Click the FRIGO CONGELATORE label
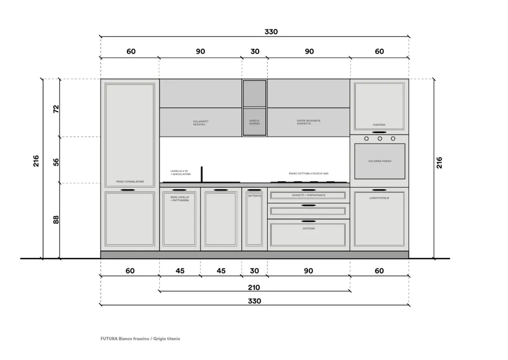click(130, 182)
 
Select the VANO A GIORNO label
click(254, 122)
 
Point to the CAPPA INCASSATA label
click(308, 122)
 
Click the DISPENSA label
click(379, 125)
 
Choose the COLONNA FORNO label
click(379, 161)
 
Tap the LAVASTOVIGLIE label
click(379, 198)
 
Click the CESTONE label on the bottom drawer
click(308, 228)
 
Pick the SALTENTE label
click(255, 195)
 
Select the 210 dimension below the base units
click(254, 287)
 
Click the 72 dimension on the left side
click(56, 108)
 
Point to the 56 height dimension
click(56, 161)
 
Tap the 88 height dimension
click(56, 220)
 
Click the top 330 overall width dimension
click(271, 31)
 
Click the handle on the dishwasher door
click(379, 190)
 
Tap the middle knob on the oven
click(379, 138)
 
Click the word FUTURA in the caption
click(108, 339)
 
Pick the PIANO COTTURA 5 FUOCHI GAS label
click(308, 173)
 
